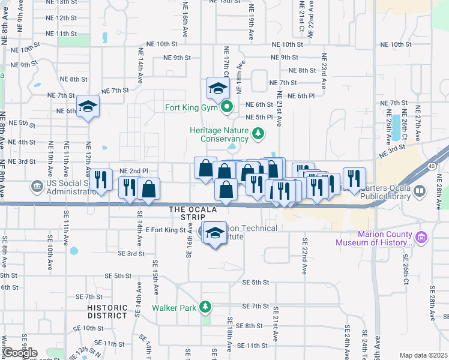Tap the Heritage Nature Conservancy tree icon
tap(258, 133)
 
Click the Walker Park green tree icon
tap(205, 307)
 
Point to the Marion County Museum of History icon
tap(421, 238)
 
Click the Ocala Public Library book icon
tap(420, 192)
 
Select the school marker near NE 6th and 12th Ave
tap(88, 107)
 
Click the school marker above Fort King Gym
tap(217, 89)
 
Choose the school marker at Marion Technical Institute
tap(215, 233)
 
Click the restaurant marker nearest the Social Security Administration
tap(101, 179)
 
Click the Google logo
tap(20, 353)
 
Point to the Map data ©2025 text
tap(423, 355)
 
